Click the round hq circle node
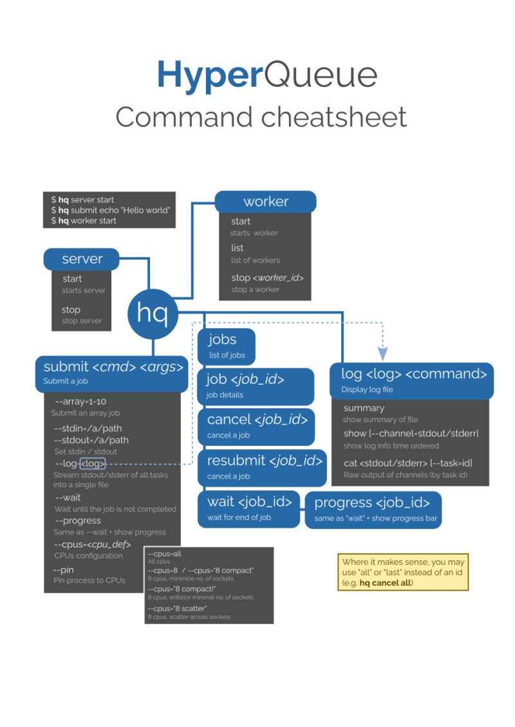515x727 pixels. [152, 313]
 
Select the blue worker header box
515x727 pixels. [265, 201]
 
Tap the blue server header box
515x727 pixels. [82, 259]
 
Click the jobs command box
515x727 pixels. [226, 346]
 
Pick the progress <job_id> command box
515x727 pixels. [373, 509]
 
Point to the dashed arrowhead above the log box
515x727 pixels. [383, 353]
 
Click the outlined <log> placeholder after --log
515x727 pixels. [93, 463]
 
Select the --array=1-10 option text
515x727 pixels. [80, 401]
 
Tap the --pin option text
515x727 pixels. [64, 570]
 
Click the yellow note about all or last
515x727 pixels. [403, 572]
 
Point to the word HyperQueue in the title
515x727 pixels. [267, 75]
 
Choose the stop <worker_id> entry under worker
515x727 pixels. [267, 278]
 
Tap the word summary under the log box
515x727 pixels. [364, 408]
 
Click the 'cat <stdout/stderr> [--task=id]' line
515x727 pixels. [408, 463]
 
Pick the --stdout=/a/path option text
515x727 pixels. [91, 440]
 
